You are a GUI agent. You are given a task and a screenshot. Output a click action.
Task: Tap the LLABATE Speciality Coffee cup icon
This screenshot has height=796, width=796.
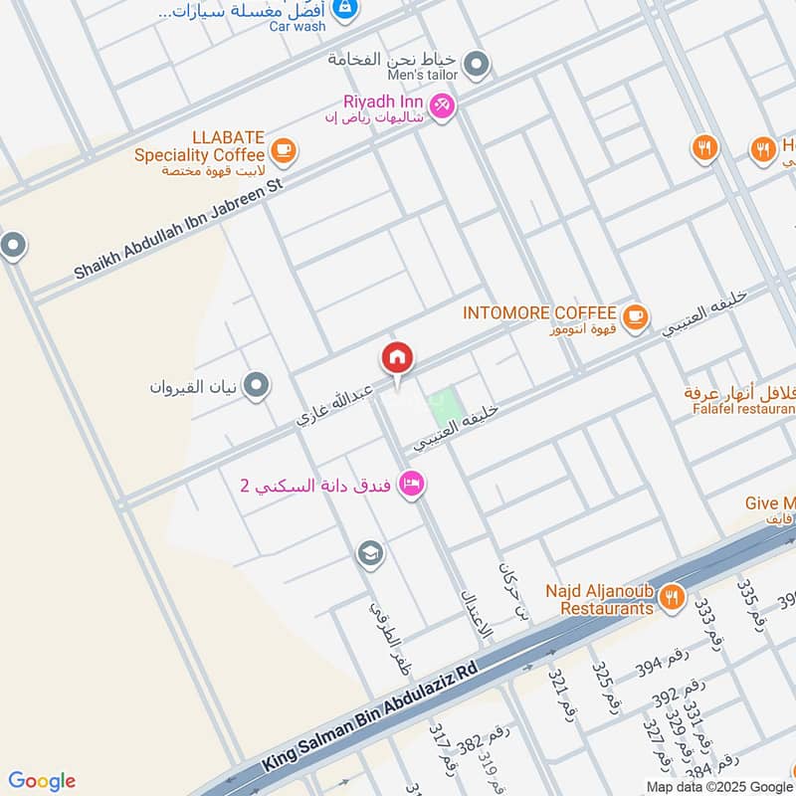pyautogui.click(x=284, y=150)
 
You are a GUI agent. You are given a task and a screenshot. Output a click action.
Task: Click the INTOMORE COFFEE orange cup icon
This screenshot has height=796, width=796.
pyautogui.click(x=635, y=317)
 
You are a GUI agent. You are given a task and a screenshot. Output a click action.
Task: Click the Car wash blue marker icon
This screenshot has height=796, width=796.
pyautogui.click(x=345, y=9)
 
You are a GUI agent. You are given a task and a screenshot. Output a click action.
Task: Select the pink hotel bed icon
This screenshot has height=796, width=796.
pyautogui.click(x=410, y=485)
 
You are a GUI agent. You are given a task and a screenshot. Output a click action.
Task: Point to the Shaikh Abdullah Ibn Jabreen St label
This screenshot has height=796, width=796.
pyautogui.click(x=179, y=228)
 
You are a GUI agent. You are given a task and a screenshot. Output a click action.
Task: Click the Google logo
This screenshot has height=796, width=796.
pyautogui.click(x=42, y=781)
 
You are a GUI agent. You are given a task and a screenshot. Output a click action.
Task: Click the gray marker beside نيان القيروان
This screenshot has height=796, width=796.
pyautogui.click(x=257, y=385)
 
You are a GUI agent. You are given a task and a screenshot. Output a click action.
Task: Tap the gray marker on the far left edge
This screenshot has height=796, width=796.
pyautogui.click(x=12, y=245)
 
